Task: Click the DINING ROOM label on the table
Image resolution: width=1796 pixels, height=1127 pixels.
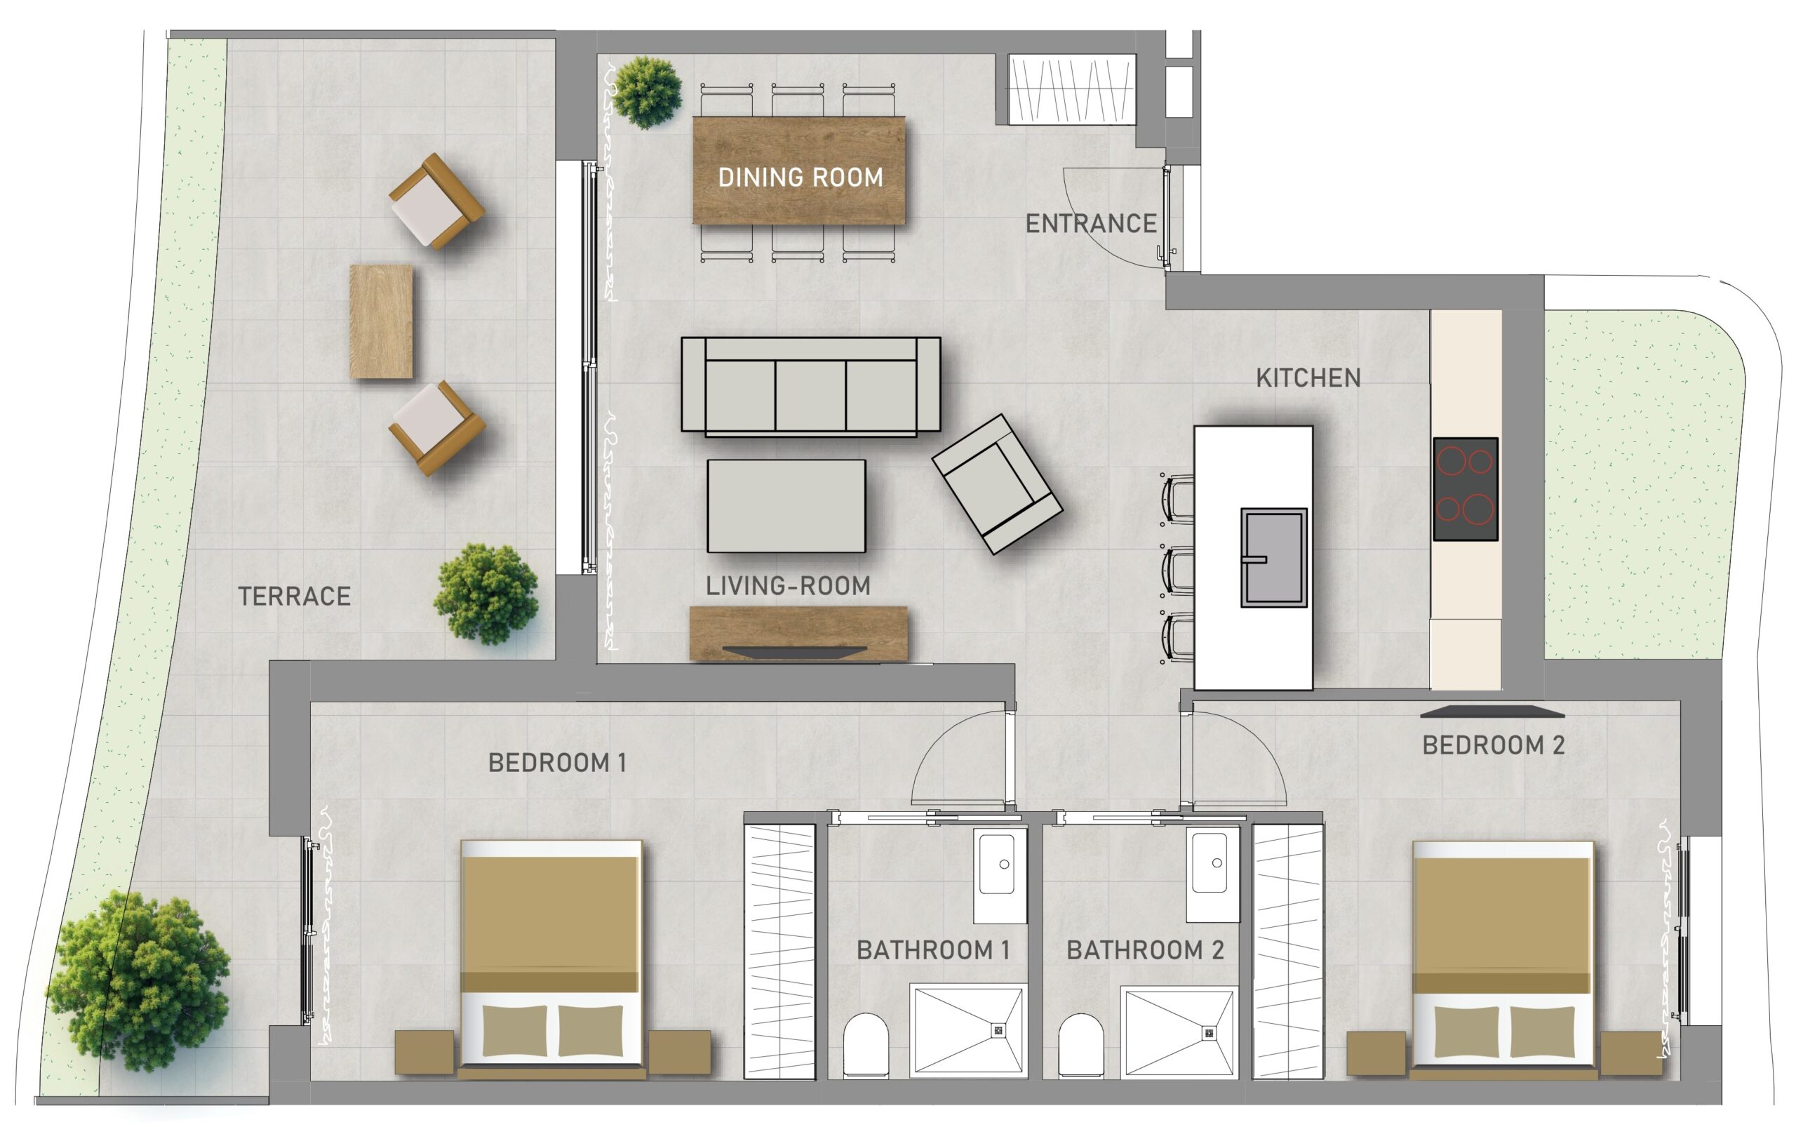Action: tap(800, 178)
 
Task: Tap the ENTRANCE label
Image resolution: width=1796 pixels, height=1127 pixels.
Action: tap(1091, 224)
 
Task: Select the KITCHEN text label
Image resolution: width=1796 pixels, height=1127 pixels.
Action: tap(1308, 378)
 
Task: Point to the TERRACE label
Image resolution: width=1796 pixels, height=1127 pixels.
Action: tap(295, 596)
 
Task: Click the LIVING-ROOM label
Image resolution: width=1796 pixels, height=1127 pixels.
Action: tap(788, 586)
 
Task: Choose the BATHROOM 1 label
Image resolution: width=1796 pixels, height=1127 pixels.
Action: tap(933, 950)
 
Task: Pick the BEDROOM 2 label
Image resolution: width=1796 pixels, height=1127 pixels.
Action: tap(1494, 745)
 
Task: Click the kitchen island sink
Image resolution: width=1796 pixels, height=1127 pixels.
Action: tap(1273, 558)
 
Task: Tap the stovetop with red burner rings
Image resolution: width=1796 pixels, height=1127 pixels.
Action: tap(1465, 489)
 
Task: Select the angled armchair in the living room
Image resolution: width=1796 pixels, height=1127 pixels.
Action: tap(997, 484)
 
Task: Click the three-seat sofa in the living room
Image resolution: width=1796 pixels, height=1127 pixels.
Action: tap(811, 386)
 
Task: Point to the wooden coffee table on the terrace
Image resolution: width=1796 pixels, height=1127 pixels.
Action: tap(381, 321)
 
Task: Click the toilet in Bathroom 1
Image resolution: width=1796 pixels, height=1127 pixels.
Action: tap(866, 1045)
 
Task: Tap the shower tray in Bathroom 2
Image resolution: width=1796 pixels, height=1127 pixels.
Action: tap(1180, 1033)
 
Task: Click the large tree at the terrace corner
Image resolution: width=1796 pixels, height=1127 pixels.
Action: tap(138, 980)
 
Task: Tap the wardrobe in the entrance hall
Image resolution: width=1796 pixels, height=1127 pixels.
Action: tap(1072, 89)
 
